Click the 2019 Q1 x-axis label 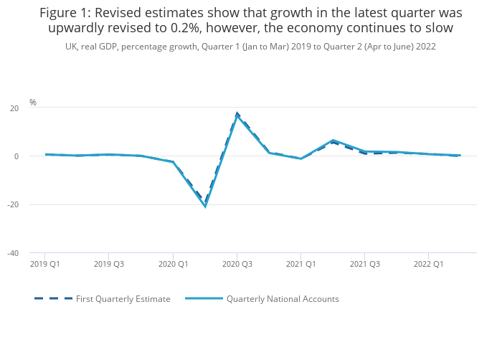pos(45,264)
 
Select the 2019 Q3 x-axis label pos(109,264)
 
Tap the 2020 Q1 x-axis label pos(173,264)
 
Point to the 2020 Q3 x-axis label pos(237,264)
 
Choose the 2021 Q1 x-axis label pos(300,264)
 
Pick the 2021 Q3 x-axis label pos(364,264)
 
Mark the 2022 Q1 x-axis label pos(428,264)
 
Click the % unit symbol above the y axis pos(33,103)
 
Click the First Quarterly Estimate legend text pos(123,299)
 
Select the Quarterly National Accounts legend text pos(283,299)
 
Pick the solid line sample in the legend pos(203,298)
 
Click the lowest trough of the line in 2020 pos(205,207)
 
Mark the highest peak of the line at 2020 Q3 pos(237,115)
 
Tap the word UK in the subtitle pos(71,46)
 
